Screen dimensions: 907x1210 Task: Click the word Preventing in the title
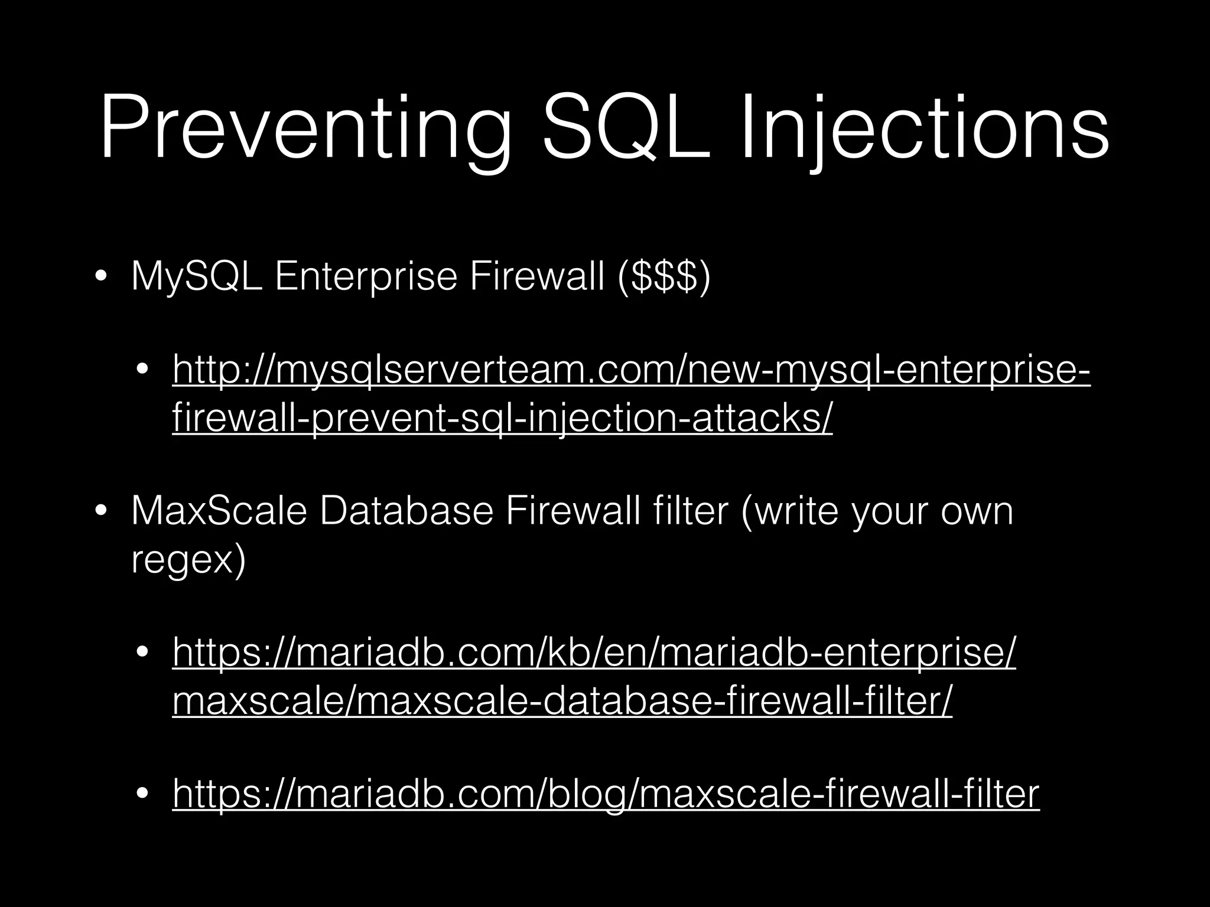point(304,129)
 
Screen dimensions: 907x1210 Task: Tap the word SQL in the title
point(626,129)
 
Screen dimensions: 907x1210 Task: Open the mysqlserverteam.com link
point(631,369)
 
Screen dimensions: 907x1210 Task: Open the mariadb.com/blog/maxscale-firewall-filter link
point(606,794)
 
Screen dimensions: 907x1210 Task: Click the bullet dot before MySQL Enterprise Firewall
point(101,278)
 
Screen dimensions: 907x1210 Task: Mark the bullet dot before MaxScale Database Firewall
point(101,511)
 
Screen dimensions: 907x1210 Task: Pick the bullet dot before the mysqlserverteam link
point(142,370)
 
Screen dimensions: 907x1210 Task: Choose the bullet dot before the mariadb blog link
point(142,795)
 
